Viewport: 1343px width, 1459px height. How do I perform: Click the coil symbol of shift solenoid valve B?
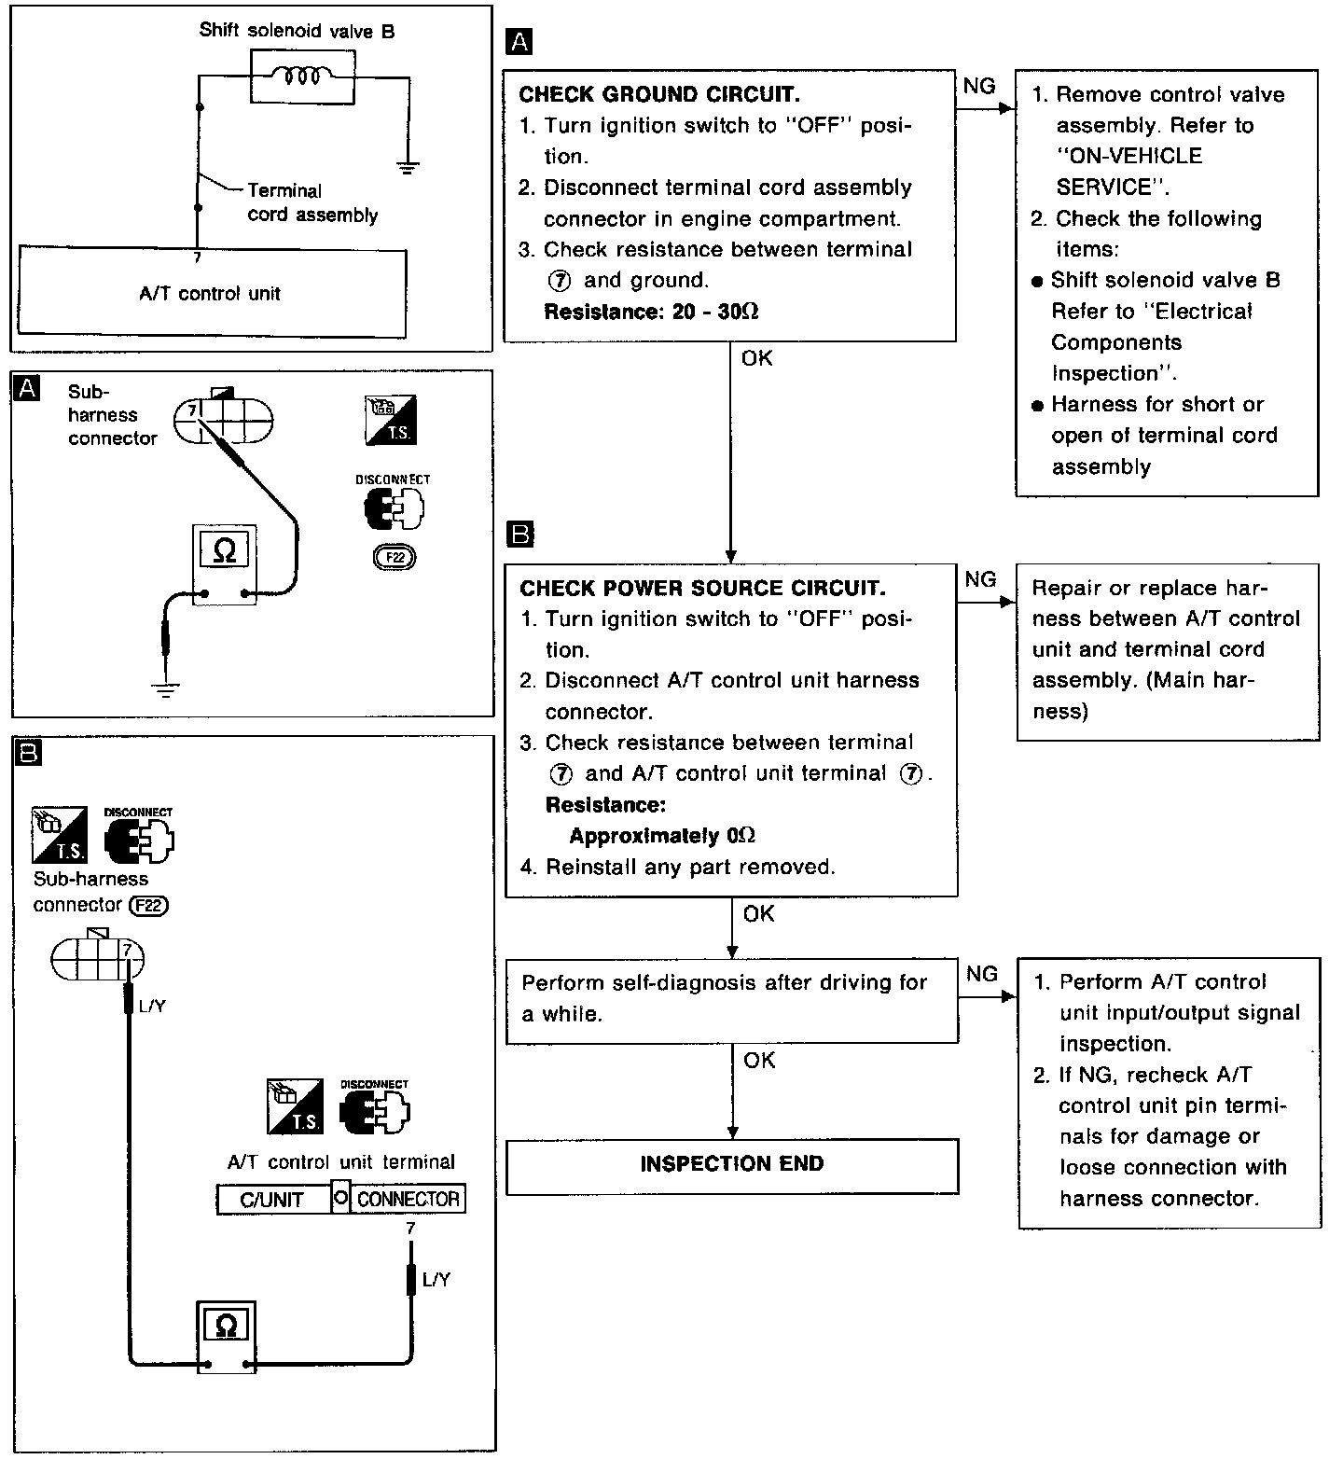pyautogui.click(x=303, y=75)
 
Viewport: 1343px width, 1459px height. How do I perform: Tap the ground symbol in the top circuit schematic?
pyautogui.click(x=408, y=168)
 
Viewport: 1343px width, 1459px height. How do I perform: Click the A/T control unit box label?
pyautogui.click(x=210, y=294)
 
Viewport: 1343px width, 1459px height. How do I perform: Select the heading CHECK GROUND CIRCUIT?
pyautogui.click(x=659, y=94)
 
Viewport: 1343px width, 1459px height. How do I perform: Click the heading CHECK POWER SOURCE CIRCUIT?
pyautogui.click(x=702, y=588)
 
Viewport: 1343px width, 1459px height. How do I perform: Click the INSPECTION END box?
pyautogui.click(x=732, y=1164)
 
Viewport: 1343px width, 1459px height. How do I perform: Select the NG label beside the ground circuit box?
pyautogui.click(x=979, y=87)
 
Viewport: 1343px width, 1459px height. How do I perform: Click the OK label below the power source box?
pyautogui.click(x=758, y=914)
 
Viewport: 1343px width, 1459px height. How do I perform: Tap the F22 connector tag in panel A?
pyautogui.click(x=395, y=558)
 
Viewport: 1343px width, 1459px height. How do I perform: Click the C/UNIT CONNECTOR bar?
pyautogui.click(x=340, y=1199)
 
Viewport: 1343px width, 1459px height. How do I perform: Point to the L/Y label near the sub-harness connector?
pyautogui.click(x=151, y=1007)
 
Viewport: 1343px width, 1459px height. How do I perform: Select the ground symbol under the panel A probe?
pyautogui.click(x=165, y=691)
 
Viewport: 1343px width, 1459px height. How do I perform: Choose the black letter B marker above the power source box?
pyautogui.click(x=519, y=535)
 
